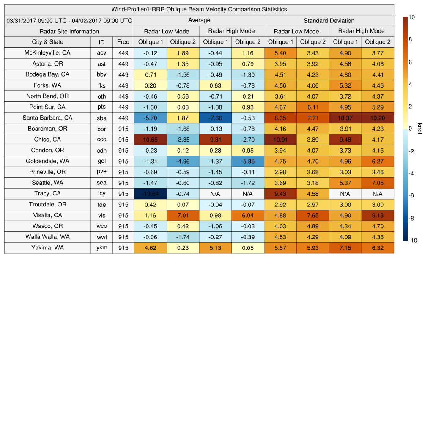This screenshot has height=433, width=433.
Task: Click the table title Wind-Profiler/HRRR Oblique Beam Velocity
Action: (x=199, y=9)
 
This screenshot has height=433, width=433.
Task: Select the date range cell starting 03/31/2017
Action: (x=69, y=20)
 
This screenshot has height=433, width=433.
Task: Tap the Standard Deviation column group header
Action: (x=329, y=20)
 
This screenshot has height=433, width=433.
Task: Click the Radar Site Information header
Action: (x=69, y=31)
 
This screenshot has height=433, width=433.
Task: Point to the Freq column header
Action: (x=123, y=42)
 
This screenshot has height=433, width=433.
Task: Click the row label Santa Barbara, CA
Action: (x=48, y=118)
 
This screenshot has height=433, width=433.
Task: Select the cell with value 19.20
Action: (x=378, y=118)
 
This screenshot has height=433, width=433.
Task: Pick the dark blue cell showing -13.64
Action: (x=151, y=194)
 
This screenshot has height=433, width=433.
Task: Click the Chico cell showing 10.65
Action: (x=151, y=140)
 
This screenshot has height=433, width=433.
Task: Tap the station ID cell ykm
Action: (x=101, y=248)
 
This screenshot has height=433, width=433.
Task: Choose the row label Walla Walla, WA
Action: (x=48, y=237)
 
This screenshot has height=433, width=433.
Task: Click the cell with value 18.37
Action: (x=345, y=118)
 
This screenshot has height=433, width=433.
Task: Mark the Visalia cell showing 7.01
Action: (x=183, y=215)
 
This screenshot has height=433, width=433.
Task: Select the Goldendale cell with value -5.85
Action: (x=247, y=161)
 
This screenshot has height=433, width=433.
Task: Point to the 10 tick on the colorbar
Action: (x=411, y=17)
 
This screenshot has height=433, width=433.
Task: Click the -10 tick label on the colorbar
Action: (x=413, y=241)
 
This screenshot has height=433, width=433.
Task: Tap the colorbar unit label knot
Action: (x=420, y=129)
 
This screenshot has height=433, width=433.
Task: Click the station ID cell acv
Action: (x=101, y=53)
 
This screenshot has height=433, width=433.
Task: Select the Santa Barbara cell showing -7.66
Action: (x=215, y=118)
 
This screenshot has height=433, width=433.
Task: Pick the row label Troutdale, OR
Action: (x=48, y=204)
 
